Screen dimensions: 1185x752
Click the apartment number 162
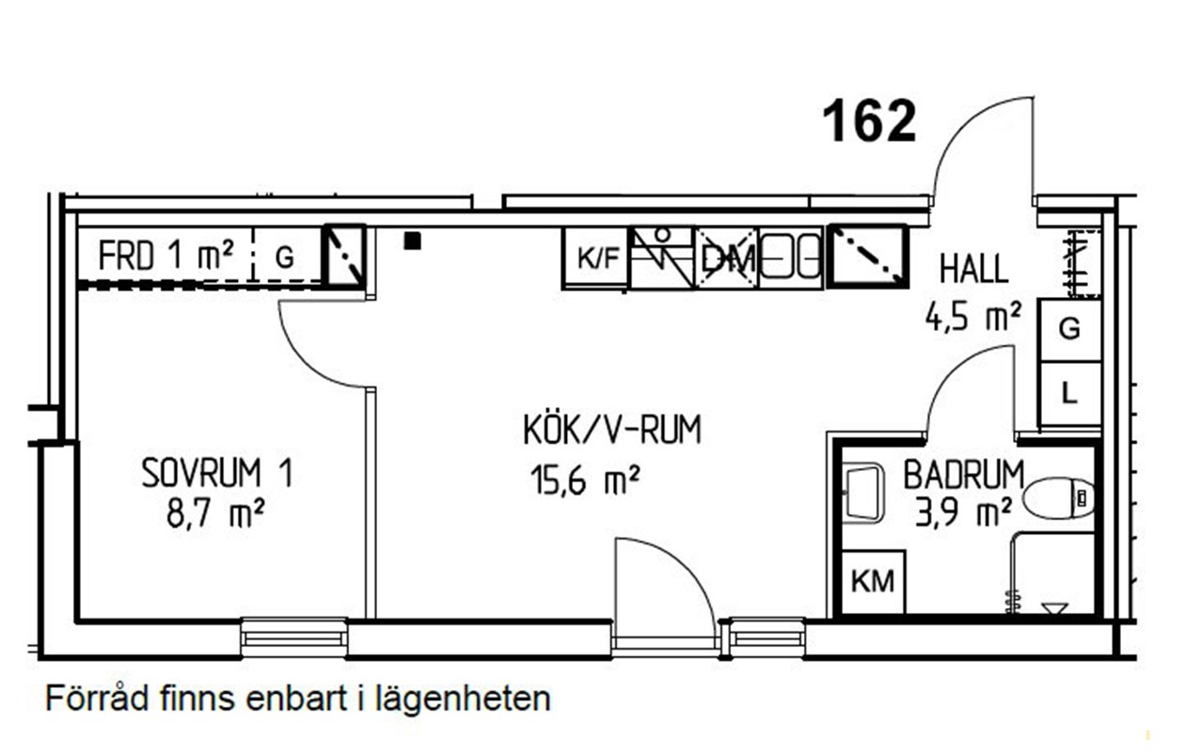(869, 121)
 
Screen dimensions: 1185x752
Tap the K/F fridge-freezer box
(595, 258)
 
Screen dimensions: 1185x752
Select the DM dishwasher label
(727, 259)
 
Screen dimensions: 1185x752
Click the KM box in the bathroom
(873, 582)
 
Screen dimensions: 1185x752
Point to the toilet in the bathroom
(1059, 498)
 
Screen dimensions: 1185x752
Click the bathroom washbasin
(862, 493)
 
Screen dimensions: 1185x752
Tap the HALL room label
(972, 269)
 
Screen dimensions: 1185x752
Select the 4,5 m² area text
(972, 317)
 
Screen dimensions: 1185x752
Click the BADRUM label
(963, 475)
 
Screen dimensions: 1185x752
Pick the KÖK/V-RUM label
(612, 430)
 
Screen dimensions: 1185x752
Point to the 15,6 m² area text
(585, 479)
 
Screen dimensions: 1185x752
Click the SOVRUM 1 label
(217, 473)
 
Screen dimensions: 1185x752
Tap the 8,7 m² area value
(215, 513)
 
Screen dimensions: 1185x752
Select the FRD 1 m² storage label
(166, 256)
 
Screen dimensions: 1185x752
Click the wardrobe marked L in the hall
(1069, 394)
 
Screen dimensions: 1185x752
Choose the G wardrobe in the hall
(1069, 330)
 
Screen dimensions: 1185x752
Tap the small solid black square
(413, 242)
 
